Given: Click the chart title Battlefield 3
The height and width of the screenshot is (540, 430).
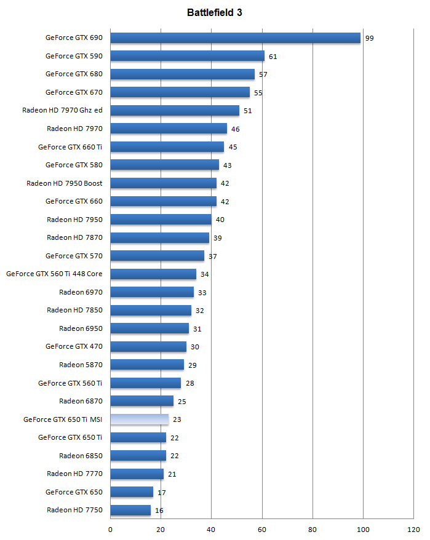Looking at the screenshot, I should pos(215,13).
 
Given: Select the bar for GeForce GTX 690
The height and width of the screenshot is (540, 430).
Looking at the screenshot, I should pos(235,38).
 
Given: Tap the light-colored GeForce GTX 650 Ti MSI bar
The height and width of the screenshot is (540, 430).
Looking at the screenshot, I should pos(139,419).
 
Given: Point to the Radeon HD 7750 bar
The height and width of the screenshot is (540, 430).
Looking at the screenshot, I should pos(130,510).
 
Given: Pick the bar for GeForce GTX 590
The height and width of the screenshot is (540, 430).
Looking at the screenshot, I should pos(187,56).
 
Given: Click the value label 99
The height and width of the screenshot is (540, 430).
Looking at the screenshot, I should pos(369,38).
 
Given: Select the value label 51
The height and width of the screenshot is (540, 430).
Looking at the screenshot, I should pos(248,111).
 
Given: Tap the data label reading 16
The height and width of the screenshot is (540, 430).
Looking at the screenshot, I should pos(159,510).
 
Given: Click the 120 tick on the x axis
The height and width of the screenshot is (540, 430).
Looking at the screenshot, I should pos(413,530).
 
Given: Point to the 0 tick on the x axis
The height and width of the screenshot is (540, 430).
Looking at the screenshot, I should pos(111,530).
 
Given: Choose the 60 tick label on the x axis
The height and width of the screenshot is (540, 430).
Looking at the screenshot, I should pos(262,530).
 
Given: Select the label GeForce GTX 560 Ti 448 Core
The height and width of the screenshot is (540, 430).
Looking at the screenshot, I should pos(54,274).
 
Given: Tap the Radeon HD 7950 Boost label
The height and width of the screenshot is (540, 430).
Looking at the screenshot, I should pos(65,183).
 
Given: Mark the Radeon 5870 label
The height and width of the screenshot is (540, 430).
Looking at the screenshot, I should pos(81,365).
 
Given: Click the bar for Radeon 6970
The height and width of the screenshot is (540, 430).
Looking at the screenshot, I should pos(152,292).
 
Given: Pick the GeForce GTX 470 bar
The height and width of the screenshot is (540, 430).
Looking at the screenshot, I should pos(148,346).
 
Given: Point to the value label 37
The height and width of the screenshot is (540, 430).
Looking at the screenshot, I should pos(213,256).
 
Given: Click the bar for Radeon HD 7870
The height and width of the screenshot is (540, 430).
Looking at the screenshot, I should pos(160,237).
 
